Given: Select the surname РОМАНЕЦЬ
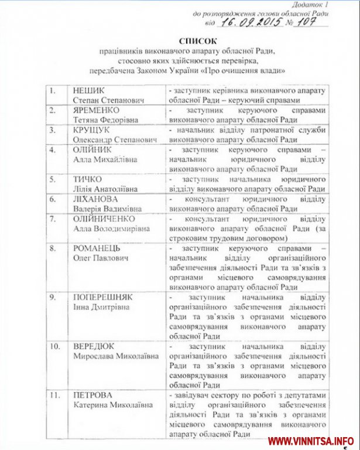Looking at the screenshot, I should coord(94,248).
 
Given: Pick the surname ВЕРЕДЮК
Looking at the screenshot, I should coord(92,346).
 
